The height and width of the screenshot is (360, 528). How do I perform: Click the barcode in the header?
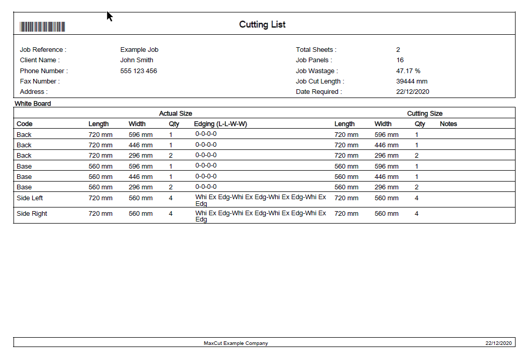[x=42, y=27]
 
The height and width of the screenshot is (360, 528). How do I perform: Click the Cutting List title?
[x=262, y=24]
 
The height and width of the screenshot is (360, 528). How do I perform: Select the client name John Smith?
[x=137, y=60]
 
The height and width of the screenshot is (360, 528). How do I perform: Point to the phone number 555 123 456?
[x=139, y=71]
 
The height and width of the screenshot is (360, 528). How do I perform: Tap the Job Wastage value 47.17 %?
[x=408, y=71]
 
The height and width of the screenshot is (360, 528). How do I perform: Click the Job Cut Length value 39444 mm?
[x=412, y=81]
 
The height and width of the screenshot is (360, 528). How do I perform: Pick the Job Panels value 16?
[x=400, y=60]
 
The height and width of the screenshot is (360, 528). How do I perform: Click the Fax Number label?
[x=39, y=81]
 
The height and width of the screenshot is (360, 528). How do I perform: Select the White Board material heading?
[x=33, y=104]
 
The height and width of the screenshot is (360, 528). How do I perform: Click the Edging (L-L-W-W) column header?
[x=220, y=124]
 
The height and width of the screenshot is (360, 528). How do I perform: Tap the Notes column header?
[x=448, y=124]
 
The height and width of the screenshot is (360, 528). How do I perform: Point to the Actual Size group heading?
[x=175, y=114]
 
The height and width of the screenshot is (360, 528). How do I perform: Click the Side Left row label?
[x=30, y=198]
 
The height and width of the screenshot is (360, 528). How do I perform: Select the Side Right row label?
[x=32, y=214]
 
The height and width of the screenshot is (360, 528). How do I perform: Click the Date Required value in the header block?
[x=412, y=92]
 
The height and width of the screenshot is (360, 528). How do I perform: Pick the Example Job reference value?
[x=139, y=50]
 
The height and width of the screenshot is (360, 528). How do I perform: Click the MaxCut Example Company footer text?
[x=236, y=343]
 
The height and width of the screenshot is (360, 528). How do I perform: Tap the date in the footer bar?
[x=498, y=343]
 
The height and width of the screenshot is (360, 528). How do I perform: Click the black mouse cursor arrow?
[x=110, y=17]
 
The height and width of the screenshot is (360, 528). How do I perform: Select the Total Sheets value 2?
[x=398, y=50]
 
